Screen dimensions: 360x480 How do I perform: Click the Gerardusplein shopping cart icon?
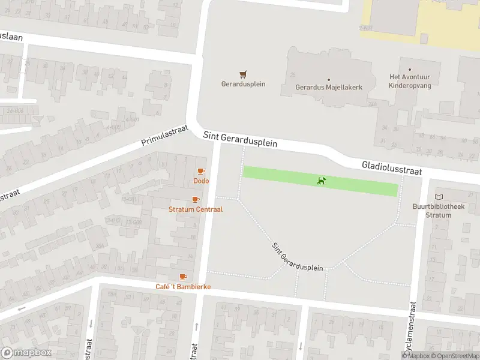243,74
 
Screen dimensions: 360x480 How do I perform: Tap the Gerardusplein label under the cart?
243,84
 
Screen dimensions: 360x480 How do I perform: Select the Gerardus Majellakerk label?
329,88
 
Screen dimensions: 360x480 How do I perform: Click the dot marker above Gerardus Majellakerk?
328,79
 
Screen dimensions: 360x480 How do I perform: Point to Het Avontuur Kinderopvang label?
410,82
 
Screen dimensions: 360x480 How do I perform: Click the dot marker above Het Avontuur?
410,70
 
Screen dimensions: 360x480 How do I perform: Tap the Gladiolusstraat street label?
392,168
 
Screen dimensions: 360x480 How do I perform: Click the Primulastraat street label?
164,136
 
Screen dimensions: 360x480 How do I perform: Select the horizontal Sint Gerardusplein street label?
240,140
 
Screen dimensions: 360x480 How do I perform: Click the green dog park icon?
322,181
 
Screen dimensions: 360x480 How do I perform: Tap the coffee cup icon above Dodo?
201,172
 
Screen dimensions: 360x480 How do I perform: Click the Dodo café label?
200,181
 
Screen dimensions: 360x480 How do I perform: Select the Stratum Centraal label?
196,209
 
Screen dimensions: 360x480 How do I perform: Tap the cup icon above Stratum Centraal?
195,199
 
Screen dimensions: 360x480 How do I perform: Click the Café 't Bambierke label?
183,287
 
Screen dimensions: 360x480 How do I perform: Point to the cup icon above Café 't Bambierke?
183,277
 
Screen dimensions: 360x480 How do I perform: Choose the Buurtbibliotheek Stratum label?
445,211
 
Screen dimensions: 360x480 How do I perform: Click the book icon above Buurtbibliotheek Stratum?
439,197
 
